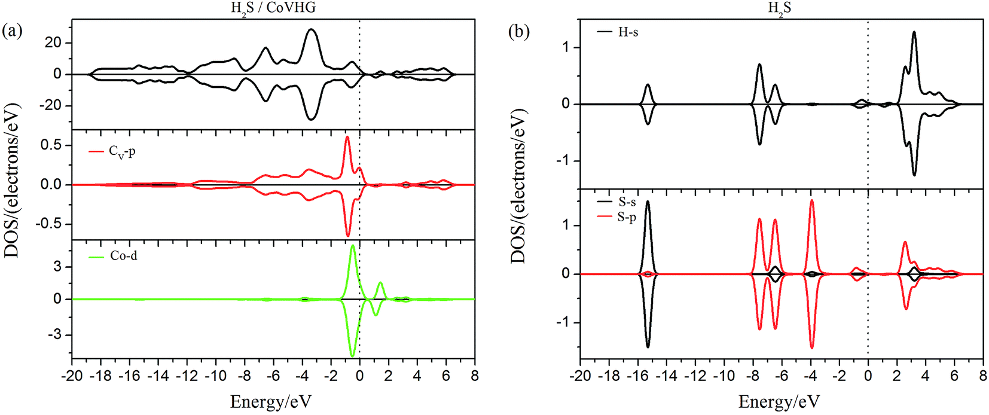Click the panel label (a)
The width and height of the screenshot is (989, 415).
point(12,31)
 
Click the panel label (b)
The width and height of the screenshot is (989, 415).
point(518,31)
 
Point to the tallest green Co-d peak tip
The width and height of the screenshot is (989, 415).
point(353,245)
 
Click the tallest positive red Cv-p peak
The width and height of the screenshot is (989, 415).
point(347,137)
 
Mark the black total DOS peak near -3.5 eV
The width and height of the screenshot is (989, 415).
point(311,29)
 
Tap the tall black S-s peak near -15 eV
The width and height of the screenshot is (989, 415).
point(647,202)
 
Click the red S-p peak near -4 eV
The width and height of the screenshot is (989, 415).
point(811,200)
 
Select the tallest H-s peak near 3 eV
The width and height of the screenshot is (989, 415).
point(914,32)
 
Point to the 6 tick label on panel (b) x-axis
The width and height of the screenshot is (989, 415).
point(954,376)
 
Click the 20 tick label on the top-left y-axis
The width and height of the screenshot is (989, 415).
point(53,42)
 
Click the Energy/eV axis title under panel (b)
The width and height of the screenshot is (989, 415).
point(779,401)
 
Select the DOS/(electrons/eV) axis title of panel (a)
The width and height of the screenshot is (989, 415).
point(13,180)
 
